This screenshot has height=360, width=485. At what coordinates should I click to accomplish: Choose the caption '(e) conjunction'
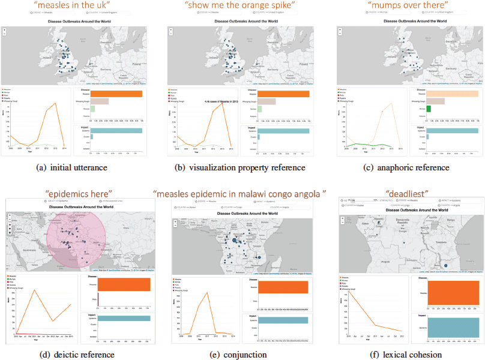point(240,355)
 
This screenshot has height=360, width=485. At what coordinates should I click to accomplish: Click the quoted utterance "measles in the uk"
point(74,6)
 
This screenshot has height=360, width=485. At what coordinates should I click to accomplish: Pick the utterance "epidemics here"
point(79,193)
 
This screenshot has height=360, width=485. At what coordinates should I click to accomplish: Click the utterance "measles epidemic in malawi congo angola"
point(240,193)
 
